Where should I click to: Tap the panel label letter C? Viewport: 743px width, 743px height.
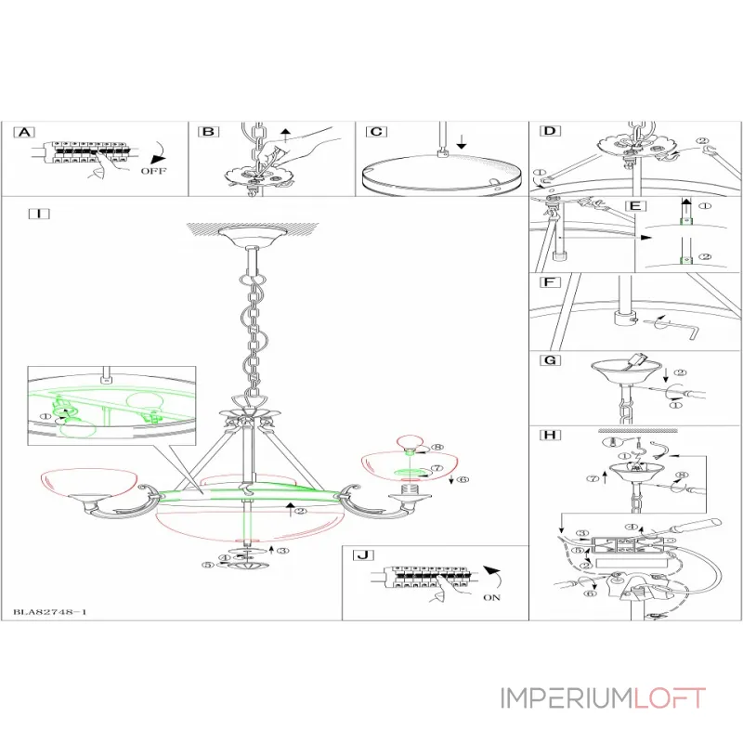pos(375,133)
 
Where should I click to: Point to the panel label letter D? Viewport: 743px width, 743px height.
pos(550,132)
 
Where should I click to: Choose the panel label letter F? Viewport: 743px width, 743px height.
pos(550,281)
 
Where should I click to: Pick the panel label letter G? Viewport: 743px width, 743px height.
pos(550,359)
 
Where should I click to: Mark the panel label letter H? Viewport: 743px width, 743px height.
pos(550,435)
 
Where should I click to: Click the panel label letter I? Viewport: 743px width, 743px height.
pos(38,214)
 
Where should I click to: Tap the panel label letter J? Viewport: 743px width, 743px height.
pos(362,555)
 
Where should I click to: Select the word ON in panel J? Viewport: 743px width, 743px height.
pos(491,597)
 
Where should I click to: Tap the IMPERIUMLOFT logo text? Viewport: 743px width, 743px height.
pos(603,698)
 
